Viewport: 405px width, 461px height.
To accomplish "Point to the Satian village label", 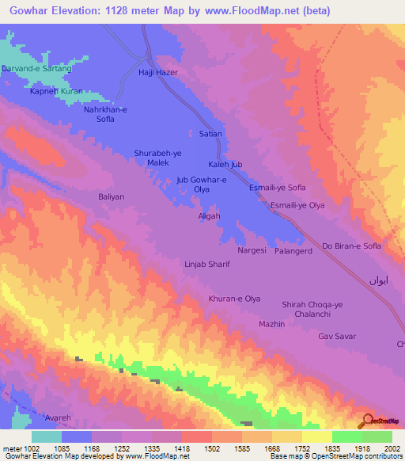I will pyautogui.click(x=210, y=134).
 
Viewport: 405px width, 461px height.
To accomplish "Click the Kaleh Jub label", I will pyautogui.click(x=225, y=164).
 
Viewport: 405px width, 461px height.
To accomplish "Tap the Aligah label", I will pyautogui.click(x=209, y=215).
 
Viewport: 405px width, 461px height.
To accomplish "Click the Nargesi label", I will pyautogui.click(x=252, y=250).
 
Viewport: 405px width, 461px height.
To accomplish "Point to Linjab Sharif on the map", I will pyautogui.click(x=206, y=264).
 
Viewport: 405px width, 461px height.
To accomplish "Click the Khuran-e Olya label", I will pyautogui.click(x=234, y=299).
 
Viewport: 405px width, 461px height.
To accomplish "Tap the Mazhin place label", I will pyautogui.click(x=271, y=324).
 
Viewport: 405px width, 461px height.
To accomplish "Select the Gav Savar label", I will pyautogui.click(x=333, y=337).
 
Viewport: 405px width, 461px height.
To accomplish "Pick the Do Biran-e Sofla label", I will pyautogui.click(x=351, y=246).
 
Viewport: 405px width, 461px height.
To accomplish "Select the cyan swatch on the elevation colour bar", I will pyautogui.click(x=47, y=436).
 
